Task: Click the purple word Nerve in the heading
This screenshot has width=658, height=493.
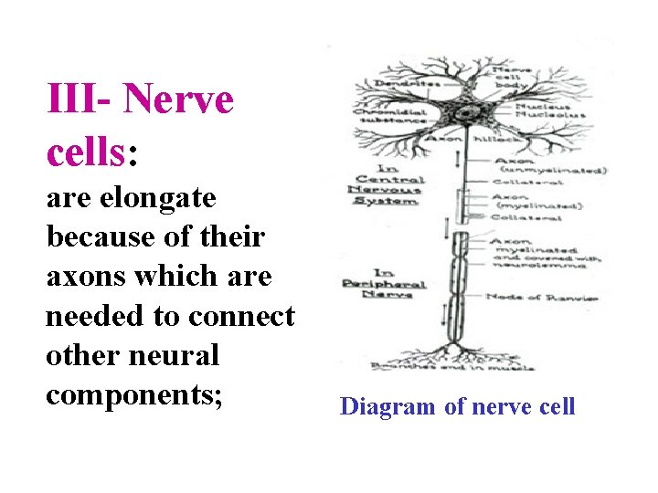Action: [178, 99]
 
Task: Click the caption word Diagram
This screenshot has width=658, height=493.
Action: [387, 406]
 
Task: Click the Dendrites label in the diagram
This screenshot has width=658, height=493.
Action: [401, 84]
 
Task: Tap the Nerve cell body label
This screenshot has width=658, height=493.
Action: [512, 75]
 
